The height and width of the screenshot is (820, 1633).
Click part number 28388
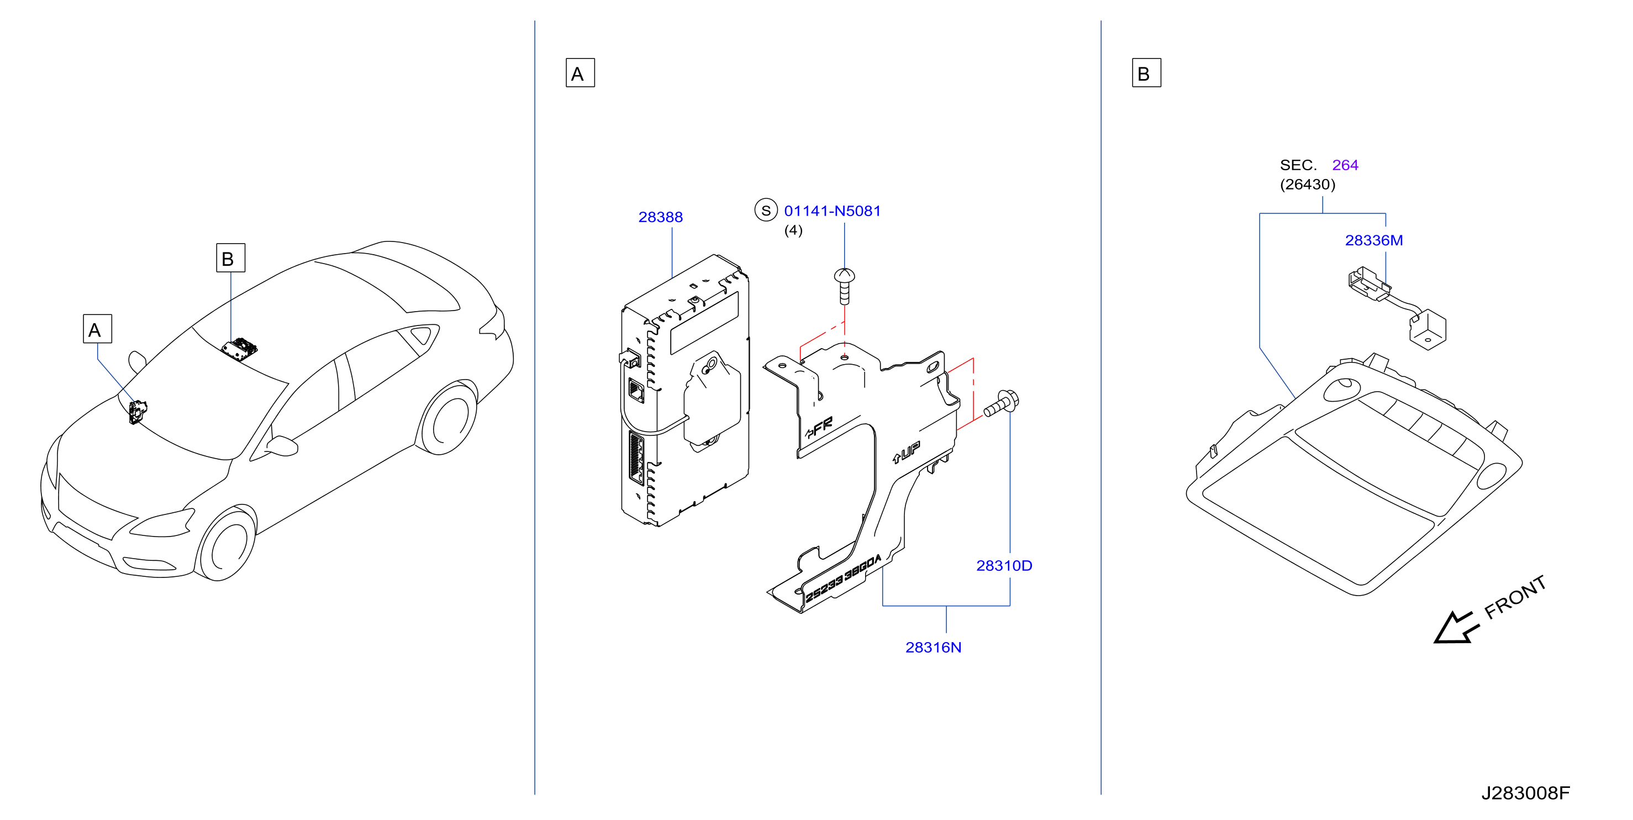click(660, 217)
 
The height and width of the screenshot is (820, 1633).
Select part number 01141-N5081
click(833, 211)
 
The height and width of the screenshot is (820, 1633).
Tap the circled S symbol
click(766, 211)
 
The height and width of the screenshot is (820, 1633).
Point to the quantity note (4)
click(793, 230)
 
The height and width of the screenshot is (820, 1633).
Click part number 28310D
click(1004, 565)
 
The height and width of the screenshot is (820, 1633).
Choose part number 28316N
click(933, 647)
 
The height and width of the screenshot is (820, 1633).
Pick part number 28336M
click(1374, 240)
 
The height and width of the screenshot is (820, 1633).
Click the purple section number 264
click(1345, 165)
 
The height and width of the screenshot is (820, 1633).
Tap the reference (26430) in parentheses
click(1307, 185)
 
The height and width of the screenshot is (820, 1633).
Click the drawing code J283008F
click(1525, 793)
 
